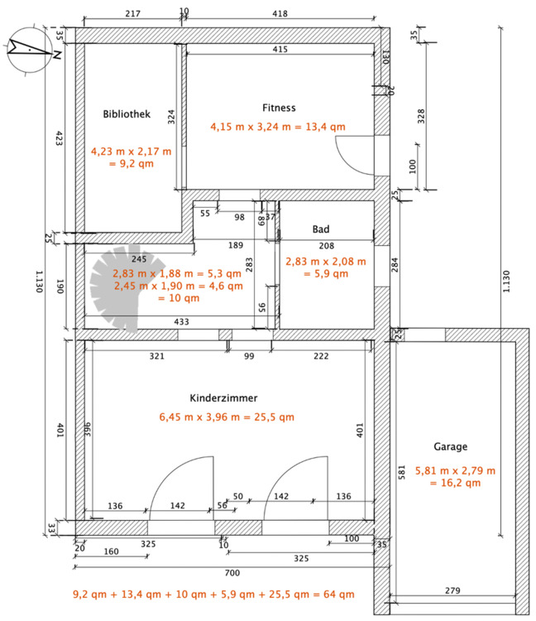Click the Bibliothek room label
pyautogui.click(x=127, y=114)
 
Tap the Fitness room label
pyautogui.click(x=279, y=108)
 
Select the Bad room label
pyautogui.click(x=321, y=229)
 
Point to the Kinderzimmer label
pyautogui.click(x=223, y=398)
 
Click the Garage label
pyautogui.click(x=451, y=447)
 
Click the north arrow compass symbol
pyautogui.click(x=31, y=50)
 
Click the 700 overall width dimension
pyautogui.click(x=232, y=573)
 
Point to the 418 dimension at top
pyautogui.click(x=280, y=13)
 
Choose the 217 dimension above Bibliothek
pyautogui.click(x=133, y=13)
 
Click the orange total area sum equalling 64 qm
pyautogui.click(x=213, y=594)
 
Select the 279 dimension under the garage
pyautogui.click(x=452, y=590)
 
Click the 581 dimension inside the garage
pyautogui.click(x=401, y=472)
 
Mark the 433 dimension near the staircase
pyautogui.click(x=182, y=321)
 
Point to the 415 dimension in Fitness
pyautogui.click(x=280, y=49)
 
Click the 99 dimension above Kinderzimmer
pyautogui.click(x=249, y=356)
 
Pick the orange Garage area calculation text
pyautogui.click(x=455, y=477)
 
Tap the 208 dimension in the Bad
pyautogui.click(x=327, y=246)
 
